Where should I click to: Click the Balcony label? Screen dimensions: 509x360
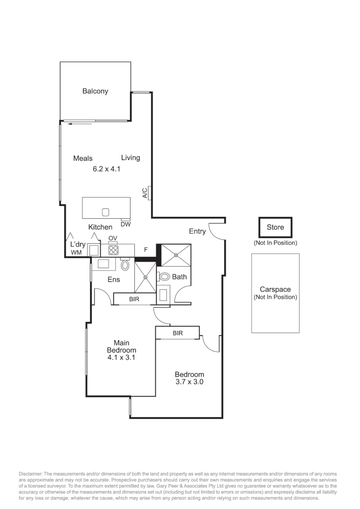coord(95,91)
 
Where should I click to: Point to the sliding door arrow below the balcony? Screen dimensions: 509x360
coord(79,124)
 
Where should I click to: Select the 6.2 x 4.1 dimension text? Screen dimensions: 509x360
coord(107,168)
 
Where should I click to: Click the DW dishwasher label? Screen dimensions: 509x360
coord(125,224)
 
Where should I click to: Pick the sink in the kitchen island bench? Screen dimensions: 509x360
coord(106,212)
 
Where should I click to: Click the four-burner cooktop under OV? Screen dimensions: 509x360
coord(113,250)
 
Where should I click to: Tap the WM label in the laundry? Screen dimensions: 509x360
coord(76,253)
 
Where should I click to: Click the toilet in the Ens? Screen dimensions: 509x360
coord(125,265)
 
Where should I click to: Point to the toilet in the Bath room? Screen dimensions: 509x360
coord(165,277)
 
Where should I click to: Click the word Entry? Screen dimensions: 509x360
coord(197,231)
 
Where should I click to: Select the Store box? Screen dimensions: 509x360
coord(275,227)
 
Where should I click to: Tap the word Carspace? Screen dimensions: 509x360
coord(275,289)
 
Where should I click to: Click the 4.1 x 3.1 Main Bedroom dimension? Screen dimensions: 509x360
coord(122,358)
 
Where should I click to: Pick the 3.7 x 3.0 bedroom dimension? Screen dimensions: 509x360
coord(188,382)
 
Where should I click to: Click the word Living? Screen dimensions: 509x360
coord(131,157)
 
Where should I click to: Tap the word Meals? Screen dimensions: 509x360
coord(83,158)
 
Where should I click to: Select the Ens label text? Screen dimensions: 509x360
coord(114,279)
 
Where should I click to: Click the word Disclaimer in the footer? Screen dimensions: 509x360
coord(31,474)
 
